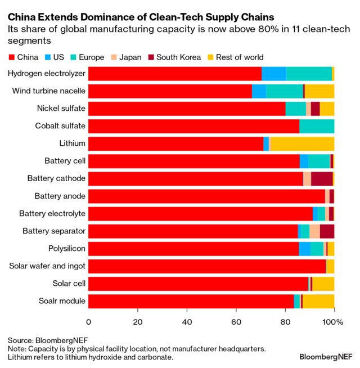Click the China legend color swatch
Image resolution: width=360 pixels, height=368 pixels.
pos(12,57)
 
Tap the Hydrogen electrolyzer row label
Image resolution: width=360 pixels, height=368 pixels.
pos(47,74)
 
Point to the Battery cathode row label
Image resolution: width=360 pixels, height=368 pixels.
pos(56,178)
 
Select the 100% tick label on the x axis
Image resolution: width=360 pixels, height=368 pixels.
pos(332,322)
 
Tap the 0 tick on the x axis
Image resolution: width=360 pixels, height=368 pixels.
pos(88,322)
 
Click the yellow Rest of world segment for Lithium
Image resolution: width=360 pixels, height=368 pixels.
pos(302,143)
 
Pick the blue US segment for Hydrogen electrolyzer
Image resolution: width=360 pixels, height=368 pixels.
pos(274,74)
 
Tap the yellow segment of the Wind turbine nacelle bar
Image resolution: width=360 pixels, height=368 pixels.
pos(319,91)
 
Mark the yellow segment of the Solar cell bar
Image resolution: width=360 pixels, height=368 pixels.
pos(323,284)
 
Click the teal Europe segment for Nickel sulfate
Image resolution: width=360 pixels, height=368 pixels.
pos(296,109)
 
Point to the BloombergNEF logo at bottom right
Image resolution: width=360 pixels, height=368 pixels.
pos(326,357)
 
